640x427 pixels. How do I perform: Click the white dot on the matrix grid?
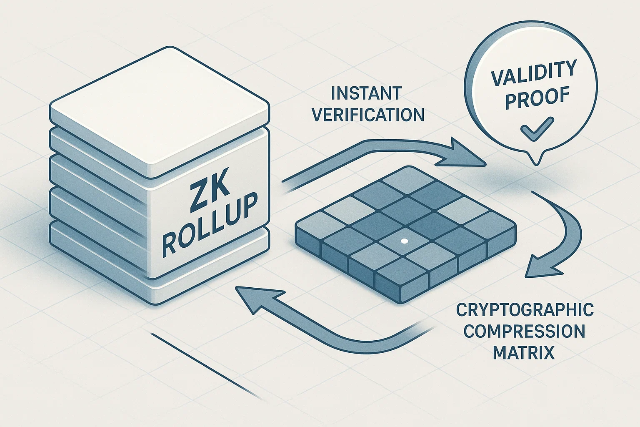point(404,241)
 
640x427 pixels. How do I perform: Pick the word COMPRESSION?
point(524,332)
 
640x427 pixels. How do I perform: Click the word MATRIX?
point(524,353)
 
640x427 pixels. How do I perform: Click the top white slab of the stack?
point(160,113)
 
